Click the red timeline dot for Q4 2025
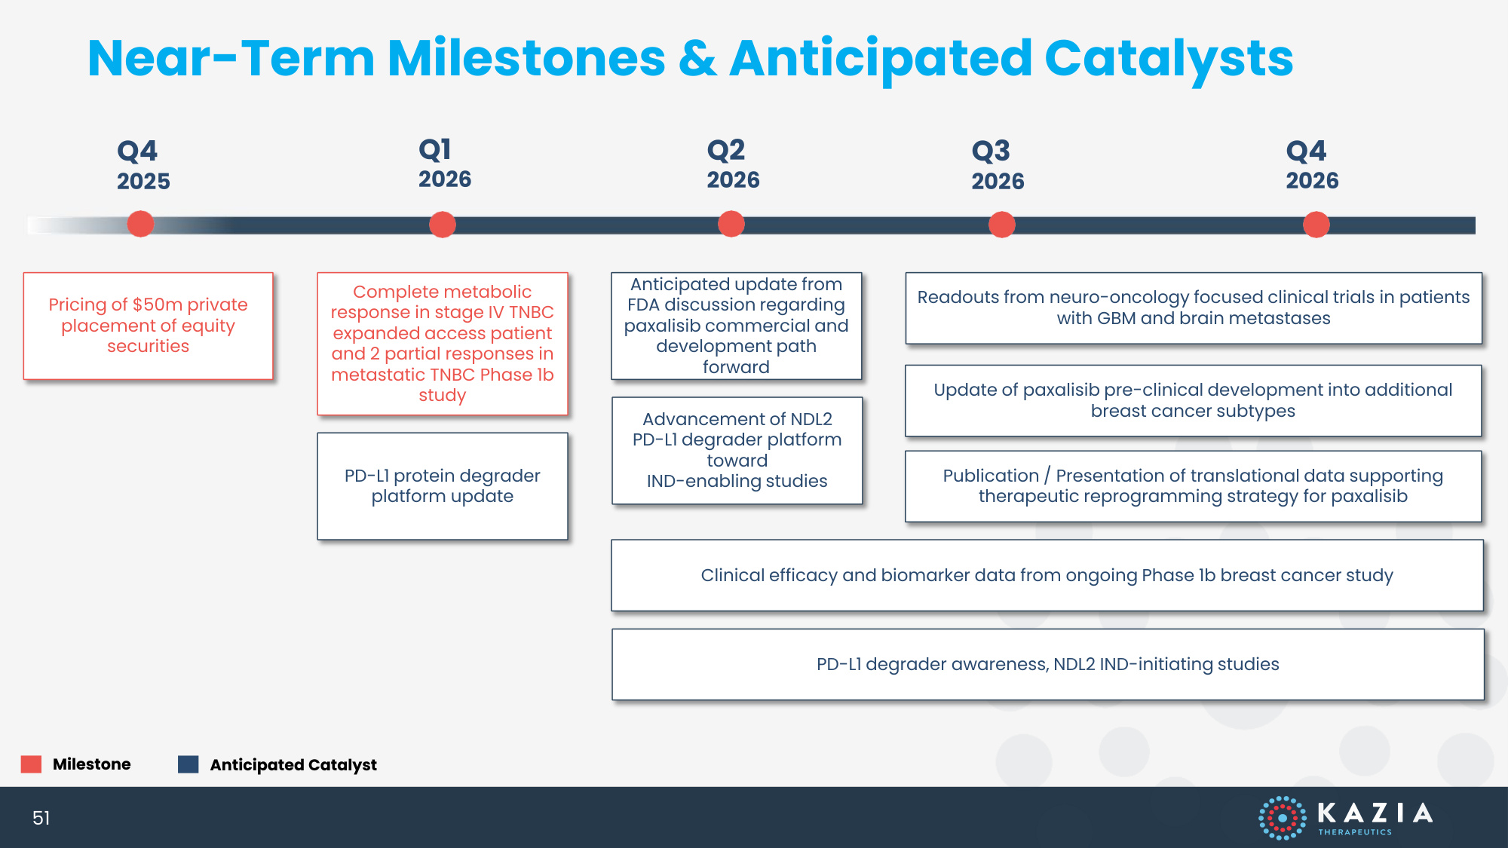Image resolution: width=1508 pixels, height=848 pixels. click(x=140, y=225)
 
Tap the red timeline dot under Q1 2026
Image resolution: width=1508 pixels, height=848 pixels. click(x=443, y=225)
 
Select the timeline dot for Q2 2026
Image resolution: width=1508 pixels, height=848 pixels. click(x=731, y=225)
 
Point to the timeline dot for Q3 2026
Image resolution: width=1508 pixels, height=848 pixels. click(x=1002, y=225)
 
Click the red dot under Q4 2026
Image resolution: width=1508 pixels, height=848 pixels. click(x=1316, y=225)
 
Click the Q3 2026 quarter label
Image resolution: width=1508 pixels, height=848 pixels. click(x=998, y=165)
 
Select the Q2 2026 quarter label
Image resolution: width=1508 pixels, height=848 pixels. click(x=733, y=164)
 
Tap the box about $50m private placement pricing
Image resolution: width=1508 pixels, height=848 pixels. click(x=149, y=326)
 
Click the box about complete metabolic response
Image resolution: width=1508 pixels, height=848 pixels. click(x=443, y=344)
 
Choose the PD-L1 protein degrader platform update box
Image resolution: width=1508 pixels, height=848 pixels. click(x=443, y=486)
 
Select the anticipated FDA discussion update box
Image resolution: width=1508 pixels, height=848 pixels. click(x=737, y=326)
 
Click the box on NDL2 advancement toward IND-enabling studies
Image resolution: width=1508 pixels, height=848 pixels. click(x=737, y=451)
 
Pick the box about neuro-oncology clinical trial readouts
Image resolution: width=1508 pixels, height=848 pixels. click(x=1194, y=308)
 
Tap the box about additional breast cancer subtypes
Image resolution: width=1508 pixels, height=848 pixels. click(x=1194, y=401)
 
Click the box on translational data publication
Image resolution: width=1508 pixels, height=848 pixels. click(x=1194, y=486)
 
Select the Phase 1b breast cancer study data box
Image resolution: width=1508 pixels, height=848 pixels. click(x=1047, y=575)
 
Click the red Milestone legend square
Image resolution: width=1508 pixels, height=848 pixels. click(x=31, y=764)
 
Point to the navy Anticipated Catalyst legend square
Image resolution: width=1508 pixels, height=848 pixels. click(x=188, y=764)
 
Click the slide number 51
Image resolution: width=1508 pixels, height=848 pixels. click(x=41, y=818)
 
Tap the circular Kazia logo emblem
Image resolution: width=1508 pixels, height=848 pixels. click(x=1282, y=818)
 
